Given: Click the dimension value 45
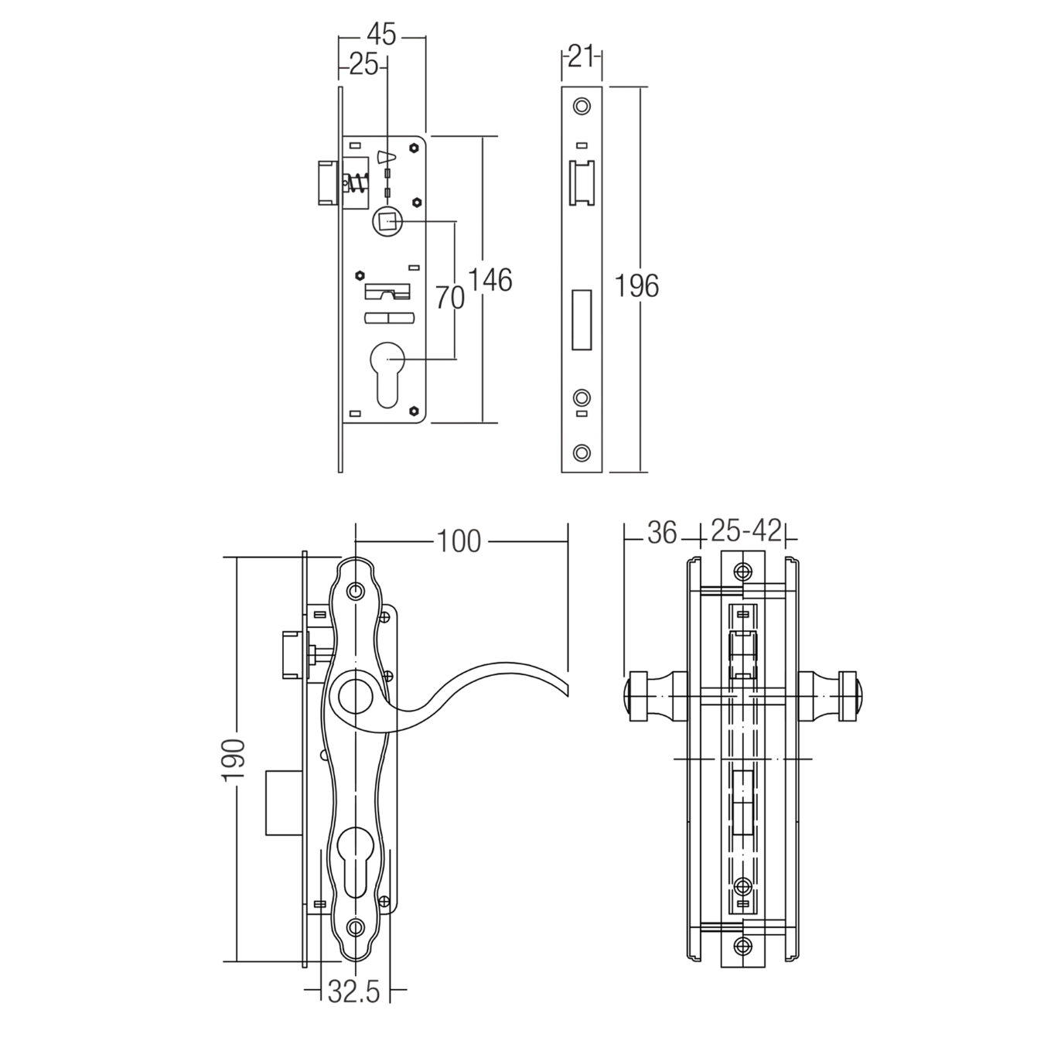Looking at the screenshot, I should (x=381, y=35).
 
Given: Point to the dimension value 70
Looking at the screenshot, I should (x=449, y=296).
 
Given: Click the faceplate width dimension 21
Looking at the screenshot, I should (x=580, y=56).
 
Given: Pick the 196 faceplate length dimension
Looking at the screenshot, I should (x=636, y=286).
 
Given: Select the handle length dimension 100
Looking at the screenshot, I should (x=459, y=541).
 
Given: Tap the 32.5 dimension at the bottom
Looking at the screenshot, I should (x=354, y=991).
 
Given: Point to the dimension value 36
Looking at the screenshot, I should (x=661, y=533).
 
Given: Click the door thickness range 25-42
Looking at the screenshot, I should (x=745, y=532).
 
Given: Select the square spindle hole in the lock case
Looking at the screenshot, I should (x=387, y=222).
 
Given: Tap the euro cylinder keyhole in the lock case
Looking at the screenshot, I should (x=387, y=372).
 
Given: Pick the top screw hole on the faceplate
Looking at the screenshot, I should (x=581, y=106).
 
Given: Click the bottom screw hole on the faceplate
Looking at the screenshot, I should (x=581, y=452).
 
